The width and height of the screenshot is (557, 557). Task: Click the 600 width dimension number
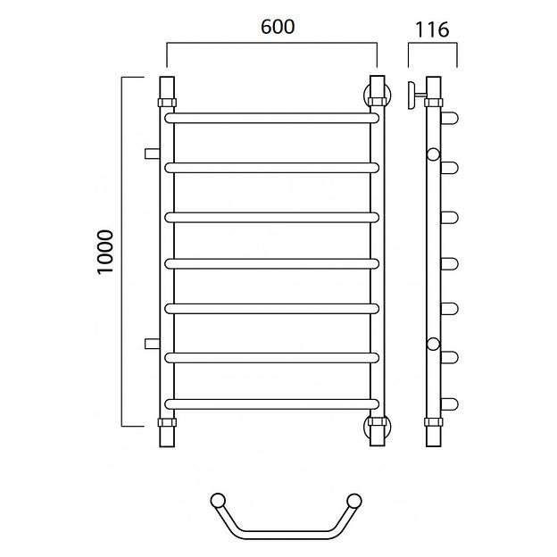pos(278,27)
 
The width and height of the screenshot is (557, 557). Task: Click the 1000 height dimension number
pos(105,252)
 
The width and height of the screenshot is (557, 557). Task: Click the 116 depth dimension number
pos(432,29)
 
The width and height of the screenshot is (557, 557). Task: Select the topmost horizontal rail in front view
pos(271,119)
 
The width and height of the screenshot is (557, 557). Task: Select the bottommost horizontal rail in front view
pos(271,403)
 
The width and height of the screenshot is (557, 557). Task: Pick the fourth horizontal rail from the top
pos(271,264)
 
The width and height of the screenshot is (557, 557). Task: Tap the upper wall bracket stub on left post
pos(152,154)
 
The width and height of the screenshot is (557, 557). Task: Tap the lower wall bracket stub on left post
pos(152,344)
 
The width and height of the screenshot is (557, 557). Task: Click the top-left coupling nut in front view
pos(167,103)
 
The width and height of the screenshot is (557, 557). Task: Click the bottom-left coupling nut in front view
pos(167,422)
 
